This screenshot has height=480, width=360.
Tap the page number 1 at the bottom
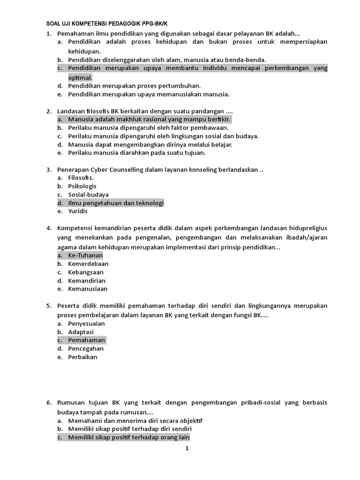[187, 448]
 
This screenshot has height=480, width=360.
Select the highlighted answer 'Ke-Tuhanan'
[85, 255]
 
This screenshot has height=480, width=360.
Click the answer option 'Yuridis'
[78, 211]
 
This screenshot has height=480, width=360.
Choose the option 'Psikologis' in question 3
[82, 186]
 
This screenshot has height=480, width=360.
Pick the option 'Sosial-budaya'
[88, 195]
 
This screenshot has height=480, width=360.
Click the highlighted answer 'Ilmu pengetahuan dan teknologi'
[116, 203]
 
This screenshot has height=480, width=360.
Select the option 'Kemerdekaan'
[88, 264]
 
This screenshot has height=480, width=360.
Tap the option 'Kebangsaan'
[86, 272]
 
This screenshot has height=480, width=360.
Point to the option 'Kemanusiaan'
[88, 289]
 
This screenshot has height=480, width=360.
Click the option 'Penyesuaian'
[86, 323]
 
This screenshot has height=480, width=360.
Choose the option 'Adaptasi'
[81, 332]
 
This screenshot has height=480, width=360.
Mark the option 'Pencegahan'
[86, 349]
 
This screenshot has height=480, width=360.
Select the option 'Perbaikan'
[82, 357]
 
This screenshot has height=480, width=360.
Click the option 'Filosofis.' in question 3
[81, 178]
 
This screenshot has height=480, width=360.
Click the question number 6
[49, 403]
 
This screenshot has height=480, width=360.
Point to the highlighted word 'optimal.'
[80, 77]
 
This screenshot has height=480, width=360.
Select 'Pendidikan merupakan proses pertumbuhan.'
[134, 86]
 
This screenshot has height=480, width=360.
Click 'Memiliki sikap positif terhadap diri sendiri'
[130, 429]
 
